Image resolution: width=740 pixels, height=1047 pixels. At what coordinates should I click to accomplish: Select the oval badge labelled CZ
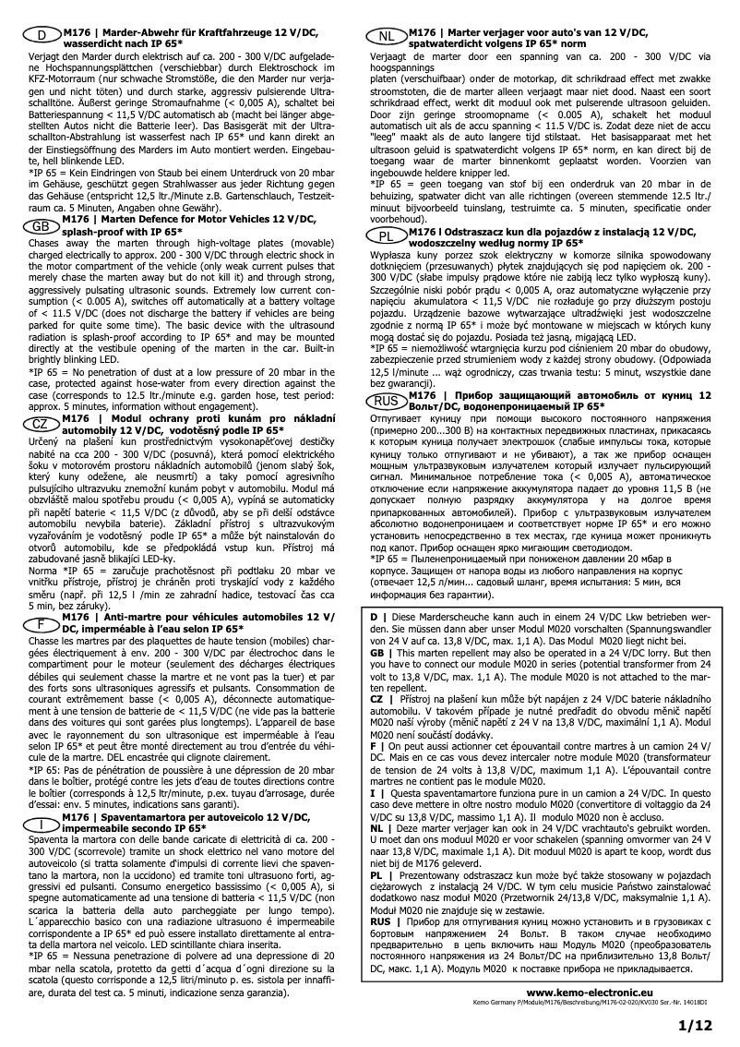tap(40, 423)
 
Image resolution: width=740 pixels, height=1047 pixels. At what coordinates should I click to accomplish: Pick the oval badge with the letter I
tap(40, 824)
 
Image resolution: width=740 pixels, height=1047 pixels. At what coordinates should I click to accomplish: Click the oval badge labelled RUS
tap(388, 401)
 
